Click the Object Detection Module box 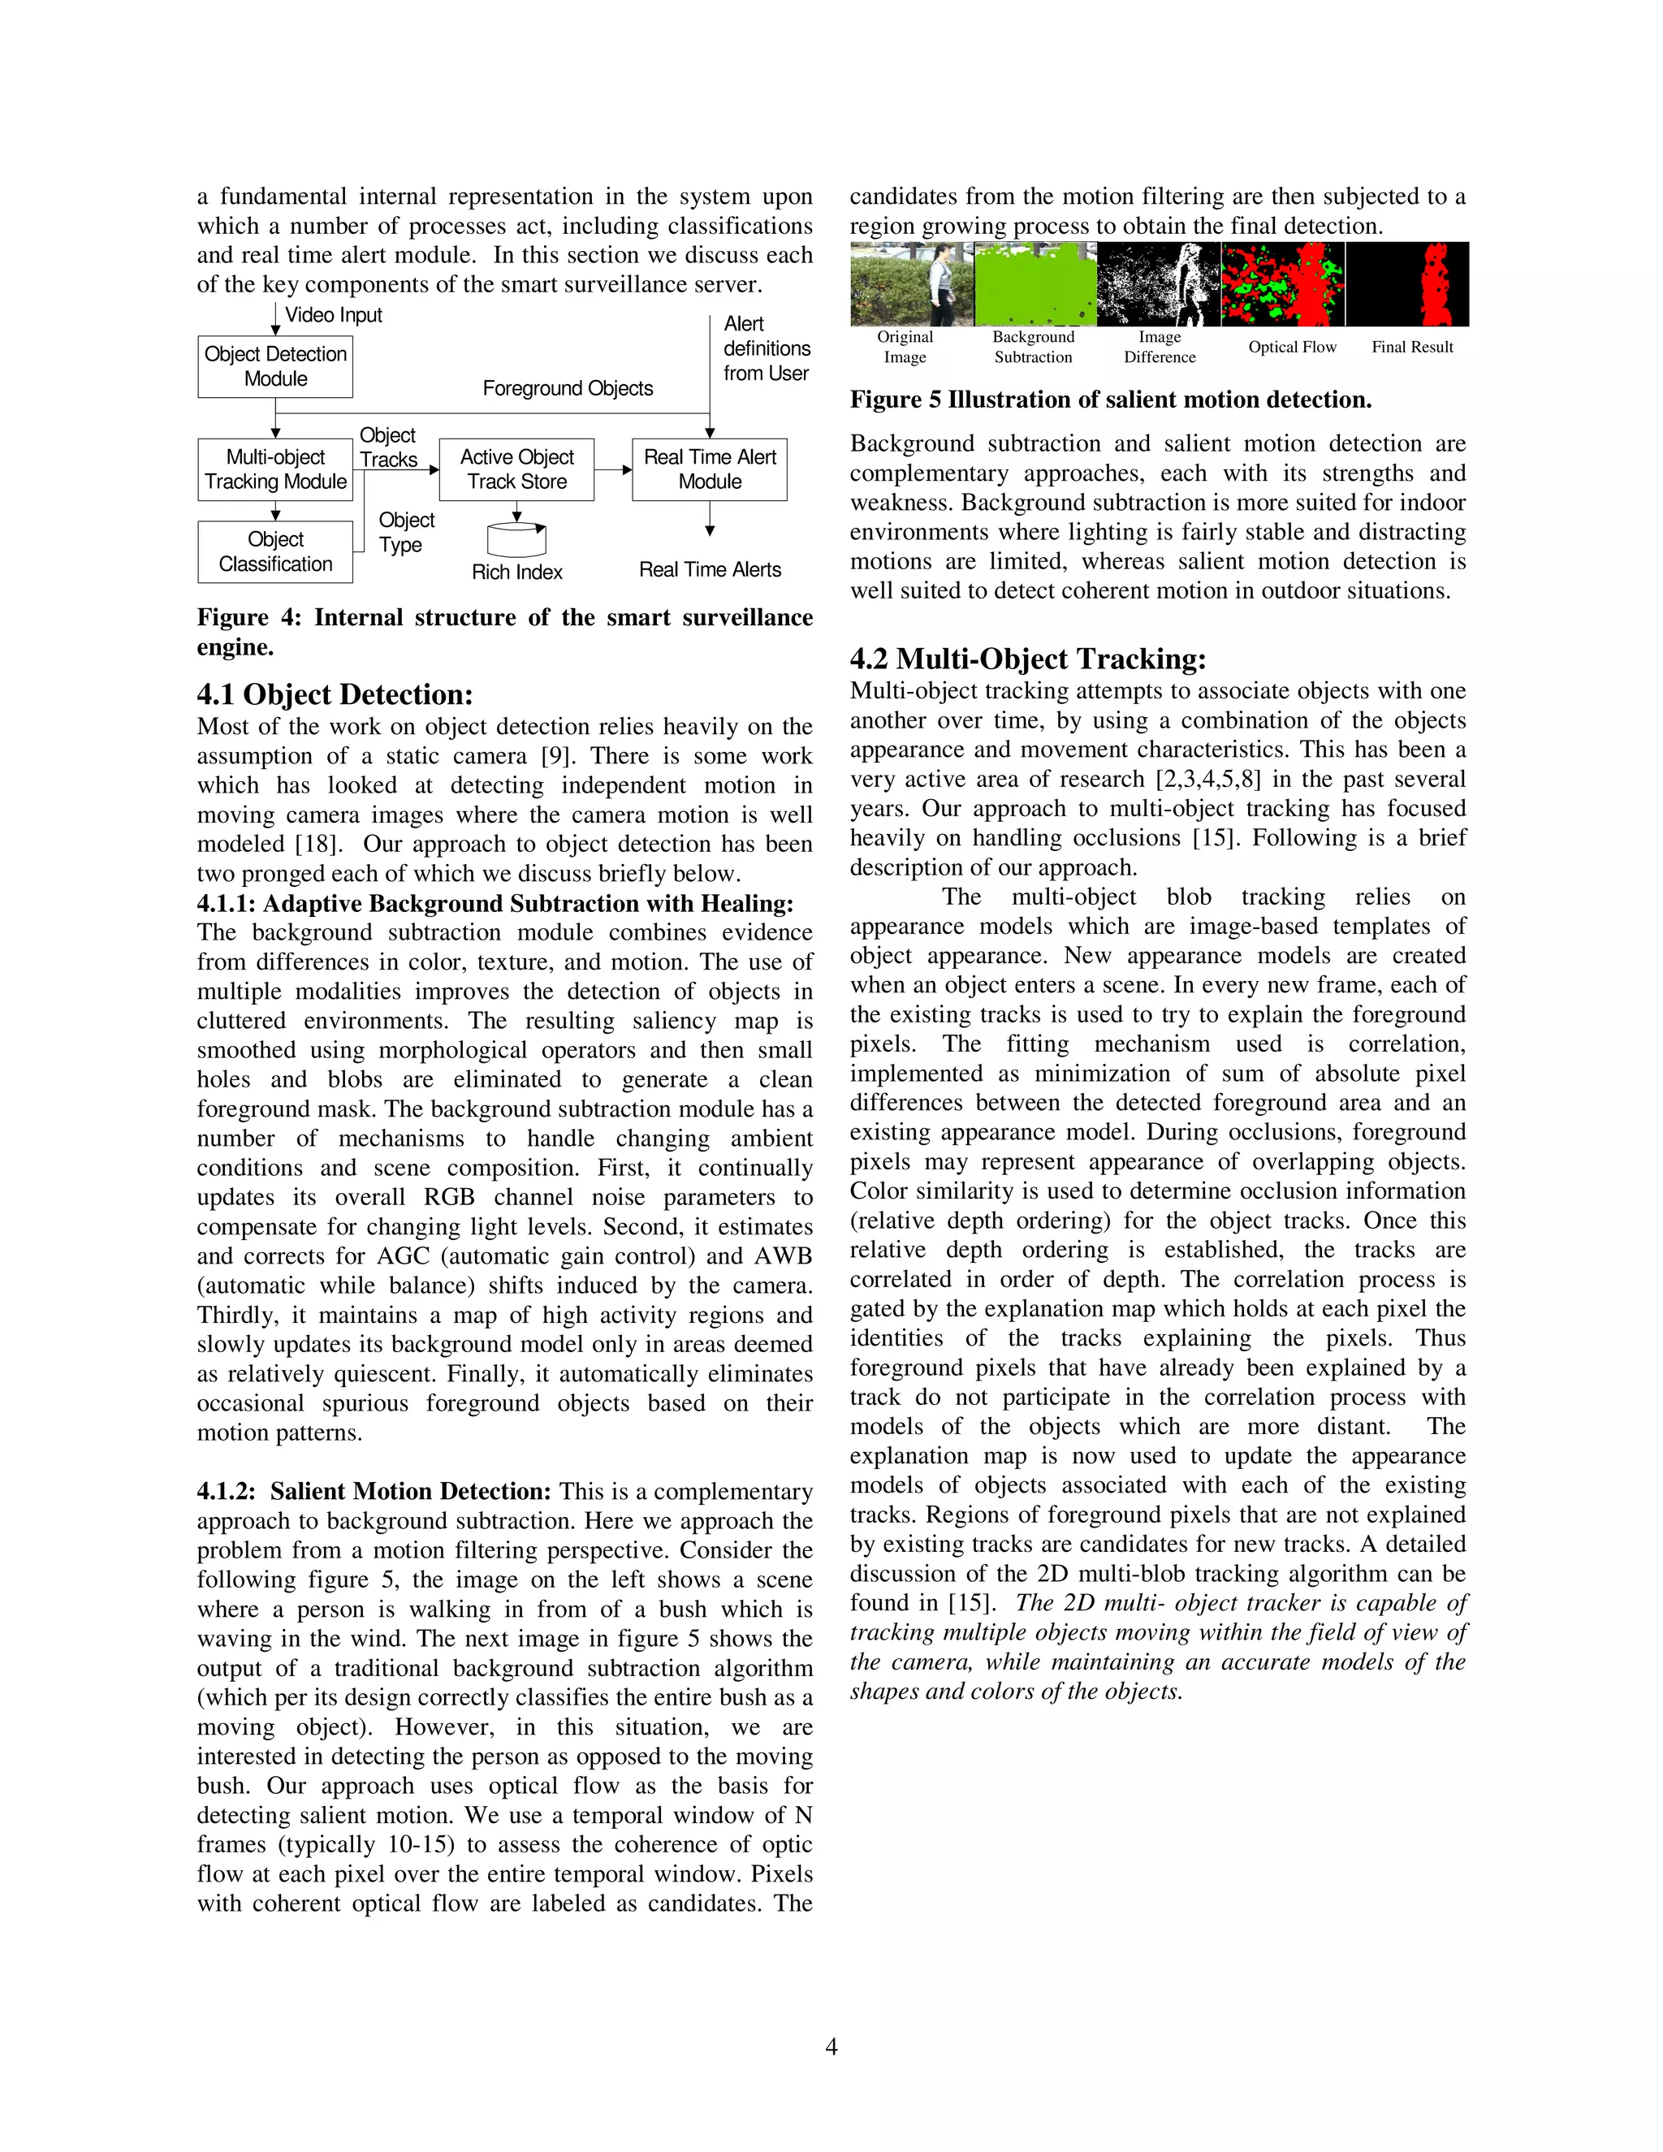pyautogui.click(x=275, y=366)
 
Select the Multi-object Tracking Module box pyautogui.click(x=275, y=469)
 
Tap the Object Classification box pyautogui.click(x=275, y=551)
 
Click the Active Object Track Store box pyautogui.click(x=516, y=469)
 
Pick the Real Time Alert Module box pyautogui.click(x=710, y=469)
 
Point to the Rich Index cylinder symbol pyautogui.click(x=516, y=539)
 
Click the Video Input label pyautogui.click(x=333, y=315)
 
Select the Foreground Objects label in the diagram pyautogui.click(x=568, y=388)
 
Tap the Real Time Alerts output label pyautogui.click(x=710, y=569)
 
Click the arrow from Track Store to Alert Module pyautogui.click(x=613, y=470)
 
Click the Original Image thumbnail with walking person pyautogui.click(x=912, y=283)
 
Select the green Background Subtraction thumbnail pyautogui.click(x=1035, y=283)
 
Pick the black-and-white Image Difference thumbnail pyautogui.click(x=1159, y=283)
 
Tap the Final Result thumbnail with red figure pyautogui.click(x=1408, y=283)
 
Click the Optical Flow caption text pyautogui.click(x=1292, y=347)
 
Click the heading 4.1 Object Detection pyautogui.click(x=335, y=694)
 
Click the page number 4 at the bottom pyautogui.click(x=831, y=2047)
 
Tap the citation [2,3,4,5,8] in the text pyautogui.click(x=1207, y=780)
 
